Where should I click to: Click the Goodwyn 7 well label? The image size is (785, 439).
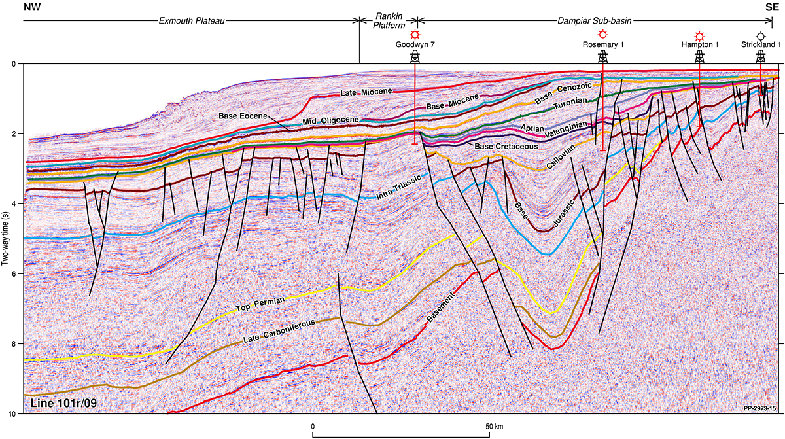pos(414,44)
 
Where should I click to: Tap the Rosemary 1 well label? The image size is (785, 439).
pos(602,44)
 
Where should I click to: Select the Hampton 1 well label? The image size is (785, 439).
pos(699,44)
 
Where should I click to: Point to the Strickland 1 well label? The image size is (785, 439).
pos(760,44)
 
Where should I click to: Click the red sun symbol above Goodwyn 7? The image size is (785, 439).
pos(414,35)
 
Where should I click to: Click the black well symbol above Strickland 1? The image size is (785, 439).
pos(760,35)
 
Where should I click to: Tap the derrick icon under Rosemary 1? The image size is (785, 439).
pos(602,57)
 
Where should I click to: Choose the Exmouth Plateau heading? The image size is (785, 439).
pos(192,20)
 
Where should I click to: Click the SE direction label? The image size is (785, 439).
pos(772,7)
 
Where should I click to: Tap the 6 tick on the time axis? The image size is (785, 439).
pos(15,273)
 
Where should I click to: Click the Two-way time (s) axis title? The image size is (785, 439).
pos(5,238)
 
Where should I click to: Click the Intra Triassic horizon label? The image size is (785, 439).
pos(396,184)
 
